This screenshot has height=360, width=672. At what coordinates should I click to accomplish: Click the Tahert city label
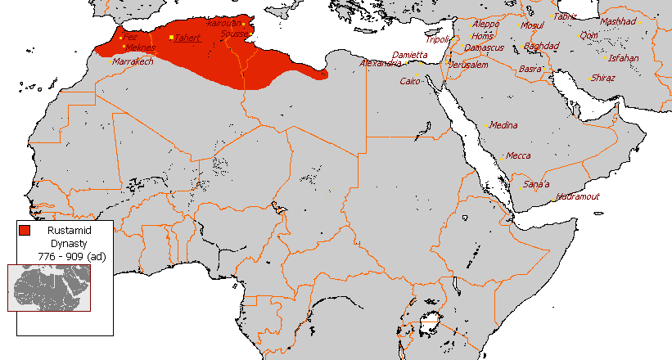pyautogui.click(x=187, y=38)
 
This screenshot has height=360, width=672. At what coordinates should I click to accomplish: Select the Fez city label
pyautogui.click(x=130, y=37)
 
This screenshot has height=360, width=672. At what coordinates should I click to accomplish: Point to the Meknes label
pyautogui.click(x=140, y=47)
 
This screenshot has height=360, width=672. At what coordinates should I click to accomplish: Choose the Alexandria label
pyautogui.click(x=381, y=63)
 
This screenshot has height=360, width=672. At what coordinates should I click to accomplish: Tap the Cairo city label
pyautogui.click(x=409, y=81)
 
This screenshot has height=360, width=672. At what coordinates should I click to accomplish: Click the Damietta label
pyautogui.click(x=409, y=54)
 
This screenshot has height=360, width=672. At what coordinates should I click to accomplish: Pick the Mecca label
pyautogui.click(x=517, y=155)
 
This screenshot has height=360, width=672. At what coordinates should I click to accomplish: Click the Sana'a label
pyautogui.click(x=536, y=184)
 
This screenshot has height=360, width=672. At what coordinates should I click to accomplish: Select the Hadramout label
pyautogui.click(x=578, y=196)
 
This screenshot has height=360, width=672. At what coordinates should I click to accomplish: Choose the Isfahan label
pyautogui.click(x=624, y=58)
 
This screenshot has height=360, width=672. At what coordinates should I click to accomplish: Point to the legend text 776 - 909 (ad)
pyautogui.click(x=71, y=256)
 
